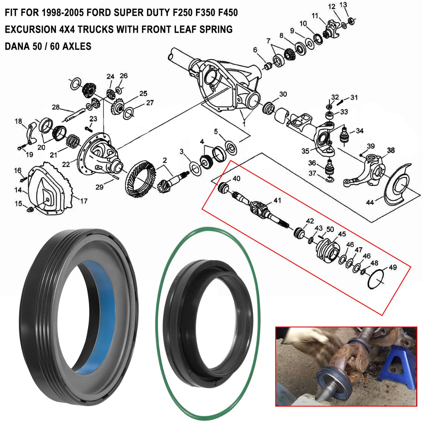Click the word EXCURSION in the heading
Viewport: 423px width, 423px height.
(x=31, y=29)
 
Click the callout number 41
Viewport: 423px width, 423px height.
(x=277, y=201)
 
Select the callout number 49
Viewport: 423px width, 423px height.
(x=392, y=267)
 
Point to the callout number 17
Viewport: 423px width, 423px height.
(x=84, y=201)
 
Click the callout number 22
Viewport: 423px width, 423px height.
(x=66, y=164)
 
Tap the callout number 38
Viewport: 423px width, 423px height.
(x=391, y=150)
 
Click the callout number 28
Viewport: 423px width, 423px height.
(x=56, y=107)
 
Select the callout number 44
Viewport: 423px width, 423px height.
(x=370, y=202)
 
